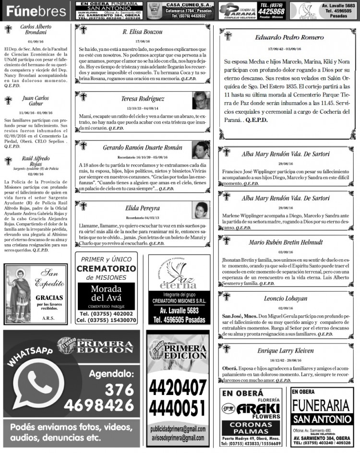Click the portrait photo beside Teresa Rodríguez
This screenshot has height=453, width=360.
pos(201,101)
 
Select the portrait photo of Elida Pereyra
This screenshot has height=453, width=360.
pos(201,210)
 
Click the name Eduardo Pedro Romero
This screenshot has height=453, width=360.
pos(282,37)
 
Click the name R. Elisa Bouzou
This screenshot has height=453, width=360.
pos(142,32)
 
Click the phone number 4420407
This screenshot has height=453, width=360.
pos(177,387)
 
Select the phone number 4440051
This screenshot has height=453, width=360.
pos(177,408)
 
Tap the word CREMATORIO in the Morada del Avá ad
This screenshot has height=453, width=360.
pos(106,268)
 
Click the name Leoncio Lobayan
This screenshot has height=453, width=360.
pos(285,298)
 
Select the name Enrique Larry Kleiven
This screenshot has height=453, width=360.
pos(285,350)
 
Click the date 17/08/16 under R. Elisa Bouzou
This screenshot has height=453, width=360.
pos(142,41)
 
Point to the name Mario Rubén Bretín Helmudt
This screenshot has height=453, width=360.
pos(285,242)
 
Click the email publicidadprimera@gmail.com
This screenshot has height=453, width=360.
pos(177,429)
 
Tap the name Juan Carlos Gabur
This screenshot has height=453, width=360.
pos(31,100)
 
